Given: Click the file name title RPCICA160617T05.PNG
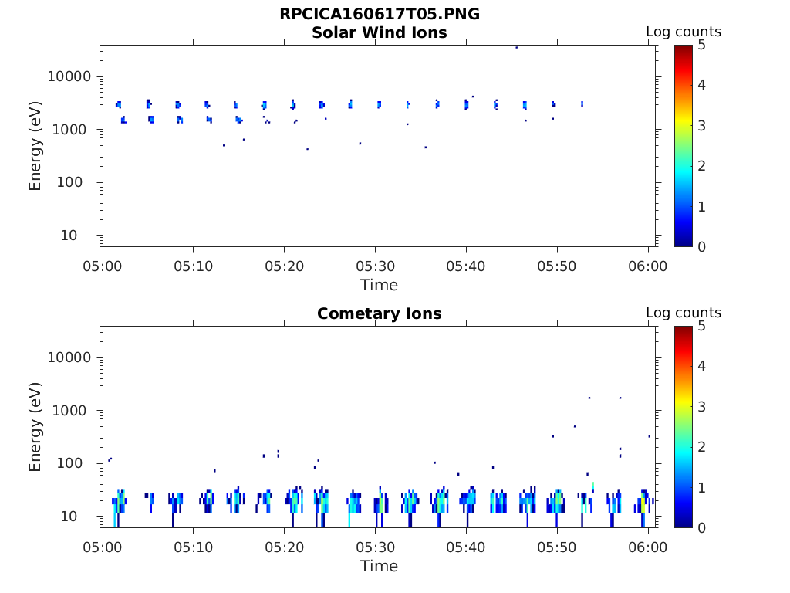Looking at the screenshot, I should click(x=379, y=14).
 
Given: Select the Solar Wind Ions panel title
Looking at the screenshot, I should click(x=379, y=32).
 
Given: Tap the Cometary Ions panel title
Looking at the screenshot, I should click(x=379, y=313).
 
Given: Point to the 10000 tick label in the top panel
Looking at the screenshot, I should click(x=70, y=76).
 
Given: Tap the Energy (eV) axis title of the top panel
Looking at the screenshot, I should click(x=35, y=146).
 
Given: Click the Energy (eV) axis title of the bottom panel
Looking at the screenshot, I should click(x=35, y=427).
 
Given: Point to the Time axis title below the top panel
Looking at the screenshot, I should click(x=379, y=285).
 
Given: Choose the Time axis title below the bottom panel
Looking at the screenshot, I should click(x=379, y=566).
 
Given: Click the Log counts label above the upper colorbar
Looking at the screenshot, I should click(x=683, y=32).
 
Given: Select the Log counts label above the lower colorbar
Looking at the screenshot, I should click(x=683, y=313).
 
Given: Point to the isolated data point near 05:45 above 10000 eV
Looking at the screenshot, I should click(x=516, y=47).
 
